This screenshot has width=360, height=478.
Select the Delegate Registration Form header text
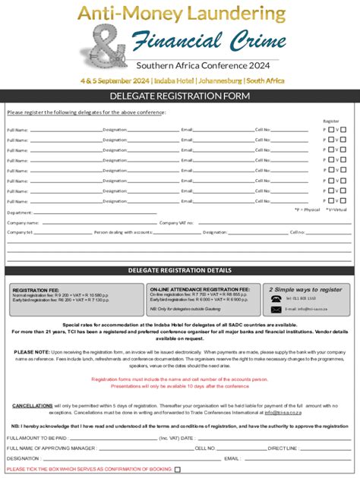tap(180, 96)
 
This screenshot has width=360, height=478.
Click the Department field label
tap(20, 213)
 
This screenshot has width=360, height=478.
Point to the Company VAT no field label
tap(177, 223)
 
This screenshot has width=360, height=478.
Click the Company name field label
tap(23, 223)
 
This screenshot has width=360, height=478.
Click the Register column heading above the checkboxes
tap(331, 121)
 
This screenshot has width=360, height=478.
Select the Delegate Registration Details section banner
tap(180, 270)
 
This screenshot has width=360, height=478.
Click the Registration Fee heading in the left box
tap(36, 289)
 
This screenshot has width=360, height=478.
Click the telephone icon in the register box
tap(276, 299)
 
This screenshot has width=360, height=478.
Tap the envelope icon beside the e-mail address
tap(276, 309)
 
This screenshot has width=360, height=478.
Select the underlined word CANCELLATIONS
tap(33, 406)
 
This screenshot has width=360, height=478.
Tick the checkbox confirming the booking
tap(178, 470)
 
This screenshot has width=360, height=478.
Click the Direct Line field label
tap(283, 448)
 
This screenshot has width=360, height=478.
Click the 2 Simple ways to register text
tap(305, 289)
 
